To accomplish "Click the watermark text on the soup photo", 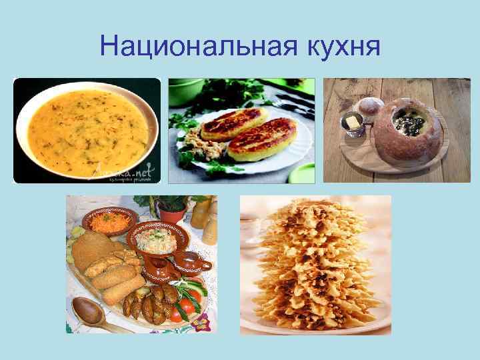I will (x=134, y=172).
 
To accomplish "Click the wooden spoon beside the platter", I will (x=91, y=313).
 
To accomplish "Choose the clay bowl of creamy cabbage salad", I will (x=155, y=240).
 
